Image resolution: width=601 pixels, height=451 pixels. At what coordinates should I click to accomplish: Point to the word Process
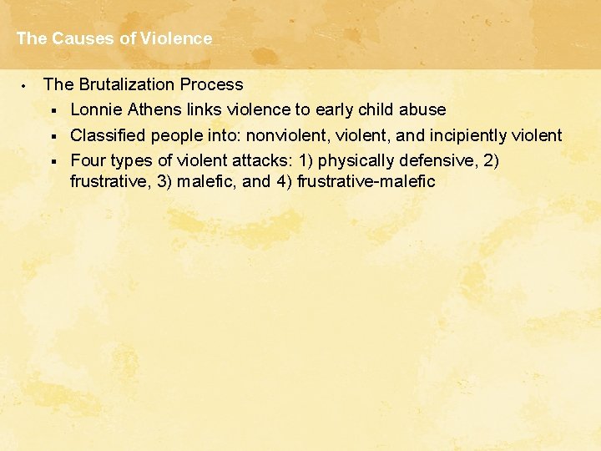click(x=217, y=84)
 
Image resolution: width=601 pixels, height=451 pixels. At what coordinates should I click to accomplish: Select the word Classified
click(x=109, y=135)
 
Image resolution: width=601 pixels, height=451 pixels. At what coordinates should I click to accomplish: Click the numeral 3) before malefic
click(x=165, y=181)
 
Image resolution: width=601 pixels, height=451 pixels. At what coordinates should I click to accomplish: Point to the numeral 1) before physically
click(x=307, y=160)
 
